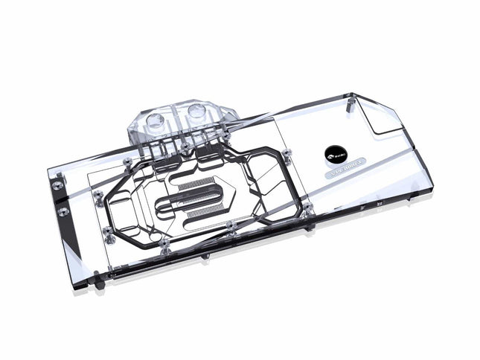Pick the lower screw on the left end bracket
coord(60,211)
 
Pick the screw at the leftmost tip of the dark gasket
coord(97,194)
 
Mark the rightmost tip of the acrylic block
coord(441,179)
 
